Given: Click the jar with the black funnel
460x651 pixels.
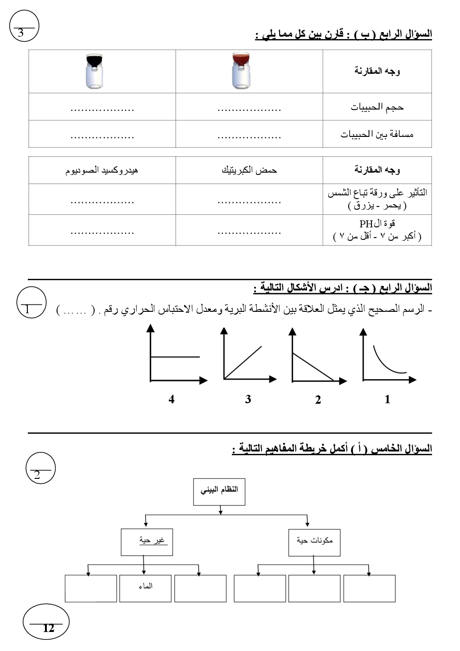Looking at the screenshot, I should click(95, 71).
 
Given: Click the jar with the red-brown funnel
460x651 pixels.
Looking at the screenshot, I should click(241, 71).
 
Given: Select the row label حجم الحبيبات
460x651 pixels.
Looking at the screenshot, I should click(377, 107).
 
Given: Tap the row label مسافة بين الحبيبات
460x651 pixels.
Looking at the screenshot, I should click(377, 135).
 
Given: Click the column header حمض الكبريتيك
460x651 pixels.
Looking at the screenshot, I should click(249, 170).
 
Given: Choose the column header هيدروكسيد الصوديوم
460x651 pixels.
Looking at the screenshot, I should click(102, 170).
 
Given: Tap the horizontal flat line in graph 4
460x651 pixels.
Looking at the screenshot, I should click(175, 357).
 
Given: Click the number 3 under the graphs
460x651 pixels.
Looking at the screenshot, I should click(248, 399).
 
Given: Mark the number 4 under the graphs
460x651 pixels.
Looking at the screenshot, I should click(172, 399).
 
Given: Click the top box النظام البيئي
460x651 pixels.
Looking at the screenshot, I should click(219, 491).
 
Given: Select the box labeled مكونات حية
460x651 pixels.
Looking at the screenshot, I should click(314, 542).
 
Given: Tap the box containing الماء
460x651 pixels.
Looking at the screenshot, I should click(145, 588).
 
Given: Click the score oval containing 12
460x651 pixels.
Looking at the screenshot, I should click(46, 622).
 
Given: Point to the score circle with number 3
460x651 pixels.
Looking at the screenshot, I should click(24, 26).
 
